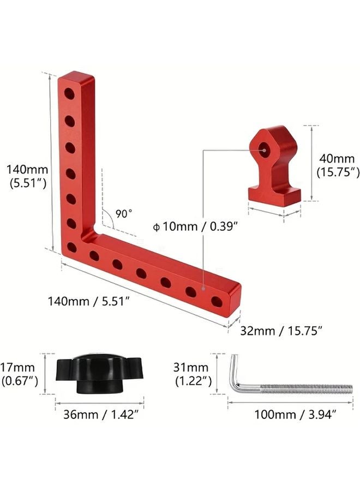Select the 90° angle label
pyautogui.click(x=124, y=214)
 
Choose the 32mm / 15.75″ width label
pyautogui.click(x=281, y=331)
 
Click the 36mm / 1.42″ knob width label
pyautogui.click(x=101, y=415)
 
